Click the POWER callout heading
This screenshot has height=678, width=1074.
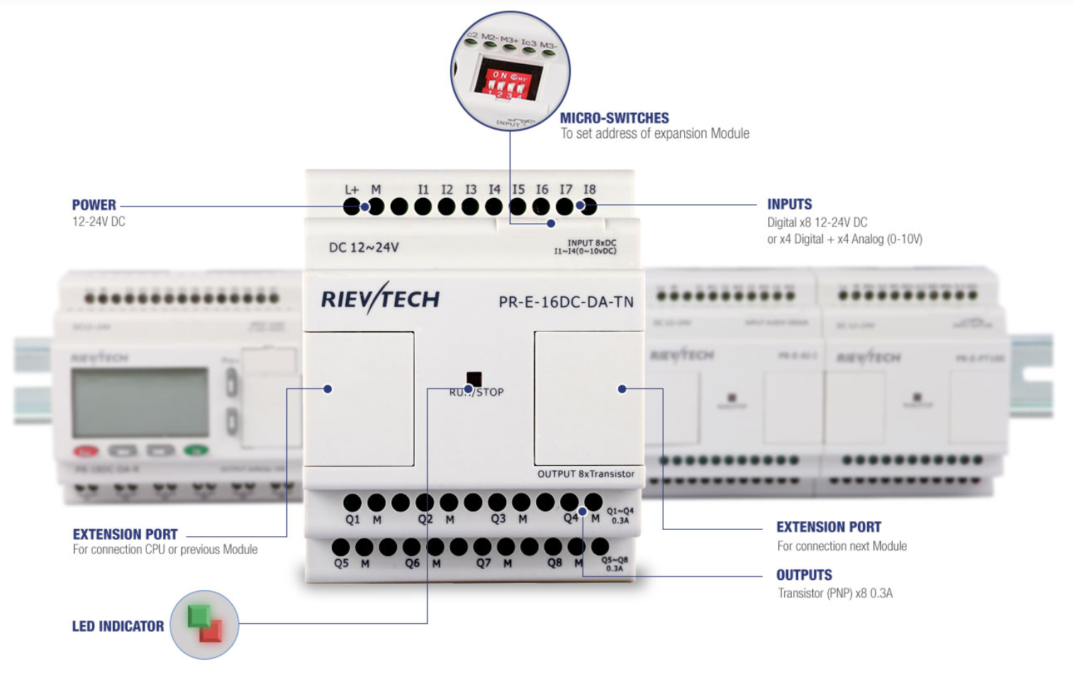pos(94,205)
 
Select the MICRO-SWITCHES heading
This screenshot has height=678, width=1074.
pos(615,118)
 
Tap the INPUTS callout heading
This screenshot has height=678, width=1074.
pos(790,204)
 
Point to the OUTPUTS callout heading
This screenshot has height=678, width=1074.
pos(804,575)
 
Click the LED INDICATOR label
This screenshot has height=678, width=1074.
pos(118,626)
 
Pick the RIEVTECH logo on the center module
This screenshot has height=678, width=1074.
pos(380,299)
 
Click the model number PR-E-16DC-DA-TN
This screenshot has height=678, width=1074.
pos(566,302)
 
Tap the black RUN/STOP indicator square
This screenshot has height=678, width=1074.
pos(474,379)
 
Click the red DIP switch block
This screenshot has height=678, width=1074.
pos(508,79)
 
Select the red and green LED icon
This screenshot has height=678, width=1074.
pos(205,625)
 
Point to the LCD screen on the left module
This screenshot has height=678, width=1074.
pos(140,403)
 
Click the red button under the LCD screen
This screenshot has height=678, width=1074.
pos(86,451)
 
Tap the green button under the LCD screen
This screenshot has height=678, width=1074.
pos(196,450)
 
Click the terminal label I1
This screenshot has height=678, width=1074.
pos(423,189)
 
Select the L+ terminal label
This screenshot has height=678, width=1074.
pos(352,189)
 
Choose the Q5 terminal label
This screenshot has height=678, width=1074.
pos(341,563)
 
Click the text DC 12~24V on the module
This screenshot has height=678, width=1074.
pos(364,248)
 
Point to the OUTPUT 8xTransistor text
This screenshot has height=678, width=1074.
pos(586,474)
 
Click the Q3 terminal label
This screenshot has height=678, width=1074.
pos(498,519)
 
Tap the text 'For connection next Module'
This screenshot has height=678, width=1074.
pos(841,546)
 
